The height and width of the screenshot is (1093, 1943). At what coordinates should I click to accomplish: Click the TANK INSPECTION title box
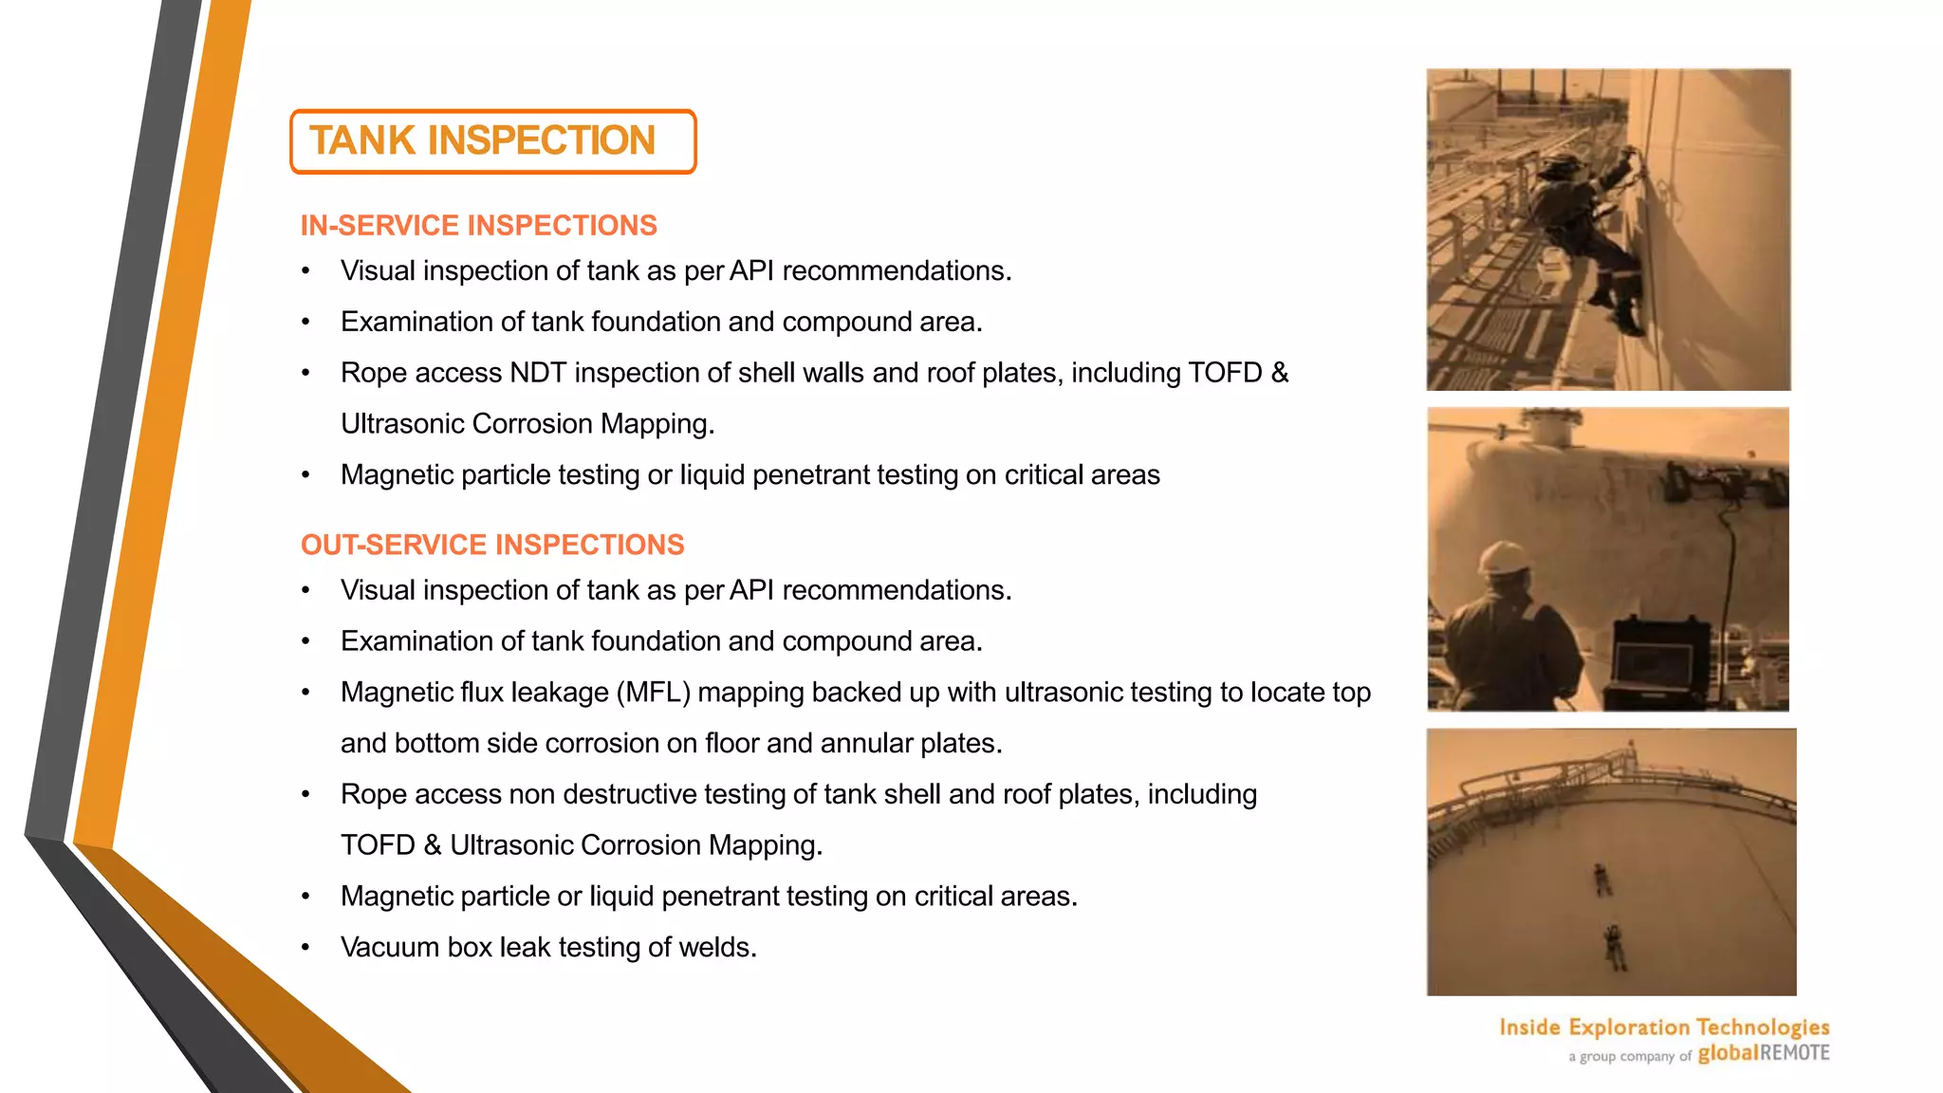pos(492,141)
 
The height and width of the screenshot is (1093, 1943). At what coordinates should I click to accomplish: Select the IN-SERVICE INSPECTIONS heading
pos(478,226)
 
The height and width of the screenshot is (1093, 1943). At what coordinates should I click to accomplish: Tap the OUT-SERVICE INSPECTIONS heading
pos(492,545)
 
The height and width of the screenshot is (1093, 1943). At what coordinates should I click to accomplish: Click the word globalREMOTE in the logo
pos(1763,1053)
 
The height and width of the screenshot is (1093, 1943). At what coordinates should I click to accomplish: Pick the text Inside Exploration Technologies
pos(1664,1027)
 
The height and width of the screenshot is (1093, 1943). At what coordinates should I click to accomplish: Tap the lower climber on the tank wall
pos(1611,946)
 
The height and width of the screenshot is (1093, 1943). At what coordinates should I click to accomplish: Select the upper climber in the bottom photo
pos(1601,880)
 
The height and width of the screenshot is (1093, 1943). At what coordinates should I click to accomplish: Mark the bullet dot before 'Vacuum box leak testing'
pos(305,947)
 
